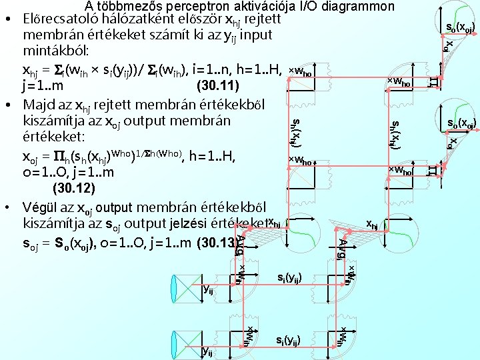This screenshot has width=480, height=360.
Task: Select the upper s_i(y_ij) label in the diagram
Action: click(293, 276)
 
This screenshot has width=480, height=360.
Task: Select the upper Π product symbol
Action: click(433, 81)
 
